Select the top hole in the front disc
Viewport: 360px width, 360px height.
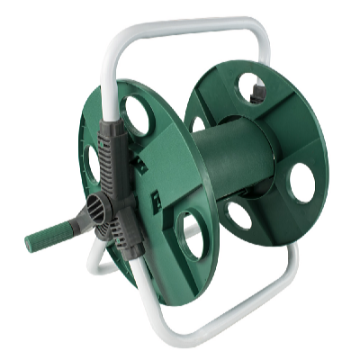tap(137, 116)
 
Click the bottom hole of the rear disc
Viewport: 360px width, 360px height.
tap(238, 215)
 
